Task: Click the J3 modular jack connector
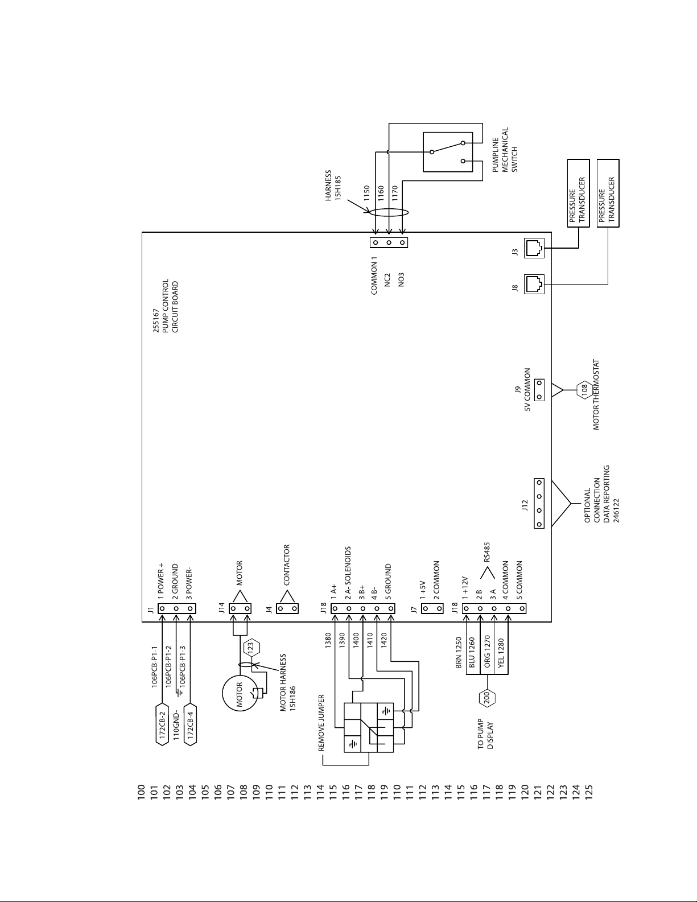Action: (534, 248)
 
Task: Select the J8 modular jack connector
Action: (534, 284)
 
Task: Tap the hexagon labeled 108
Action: (584, 390)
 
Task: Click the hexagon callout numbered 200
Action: (487, 697)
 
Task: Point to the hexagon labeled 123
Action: (250, 648)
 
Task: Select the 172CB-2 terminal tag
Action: (162, 724)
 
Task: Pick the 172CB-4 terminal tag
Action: (190, 724)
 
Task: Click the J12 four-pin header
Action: (539, 503)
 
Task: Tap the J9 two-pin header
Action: (539, 390)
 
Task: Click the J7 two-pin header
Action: (432, 608)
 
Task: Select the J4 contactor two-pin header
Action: (287, 609)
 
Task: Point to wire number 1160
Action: (381, 193)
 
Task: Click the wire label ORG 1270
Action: (487, 651)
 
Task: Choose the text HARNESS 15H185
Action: (333, 186)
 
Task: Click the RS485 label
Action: (487, 552)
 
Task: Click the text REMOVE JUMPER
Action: (321, 723)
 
